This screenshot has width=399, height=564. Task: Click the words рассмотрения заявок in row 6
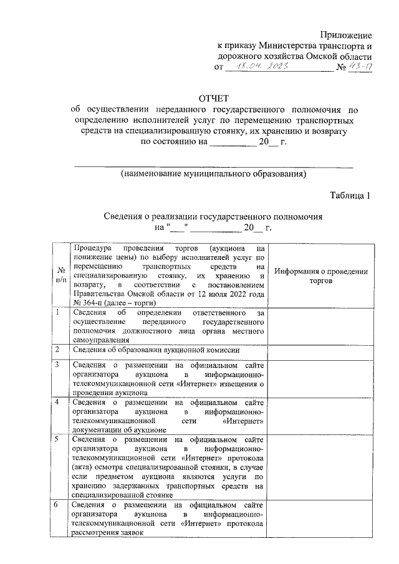tap(107, 533)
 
